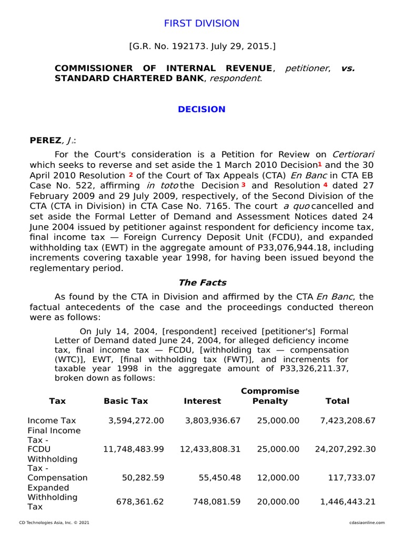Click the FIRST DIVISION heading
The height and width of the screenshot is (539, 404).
(x=201, y=24)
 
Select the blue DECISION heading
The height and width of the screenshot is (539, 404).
(x=201, y=109)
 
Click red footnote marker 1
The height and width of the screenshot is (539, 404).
(x=319, y=164)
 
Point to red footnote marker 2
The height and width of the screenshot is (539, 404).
(x=130, y=174)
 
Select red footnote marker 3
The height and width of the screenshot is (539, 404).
(x=243, y=185)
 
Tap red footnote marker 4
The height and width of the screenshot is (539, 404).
(x=325, y=185)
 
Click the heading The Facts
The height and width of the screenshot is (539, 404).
(x=203, y=283)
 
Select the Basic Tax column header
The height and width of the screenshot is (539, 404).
(x=126, y=401)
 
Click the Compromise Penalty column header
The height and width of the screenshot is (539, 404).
(x=270, y=396)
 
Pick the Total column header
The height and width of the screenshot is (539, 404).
(x=337, y=401)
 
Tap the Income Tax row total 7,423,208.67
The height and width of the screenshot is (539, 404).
(x=348, y=421)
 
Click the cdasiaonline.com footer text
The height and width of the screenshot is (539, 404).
(x=367, y=523)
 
